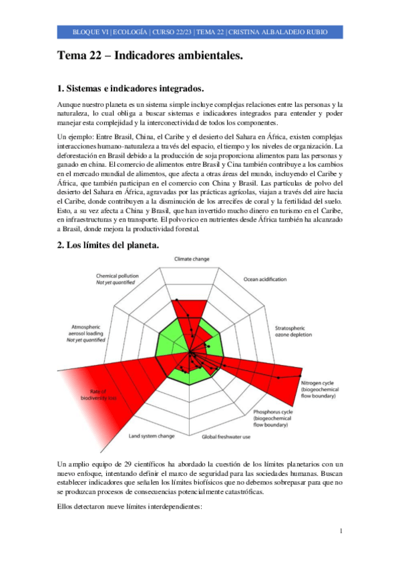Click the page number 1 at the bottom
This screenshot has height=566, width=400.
[x=341, y=531]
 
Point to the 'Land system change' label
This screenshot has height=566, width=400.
[x=152, y=436]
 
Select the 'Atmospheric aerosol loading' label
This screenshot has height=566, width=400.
[x=86, y=333]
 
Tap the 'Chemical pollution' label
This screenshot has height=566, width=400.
[x=117, y=275]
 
